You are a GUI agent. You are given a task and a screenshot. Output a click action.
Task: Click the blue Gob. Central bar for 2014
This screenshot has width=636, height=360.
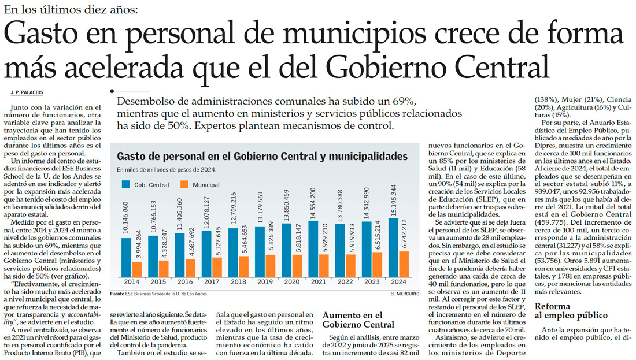point(126,257)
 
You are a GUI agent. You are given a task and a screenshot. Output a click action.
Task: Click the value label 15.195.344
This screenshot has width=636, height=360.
point(395,200)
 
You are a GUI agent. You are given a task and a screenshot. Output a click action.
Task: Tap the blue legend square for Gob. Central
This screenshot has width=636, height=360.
point(125,185)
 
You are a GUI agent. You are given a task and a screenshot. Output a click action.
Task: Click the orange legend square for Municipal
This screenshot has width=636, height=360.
point(185,185)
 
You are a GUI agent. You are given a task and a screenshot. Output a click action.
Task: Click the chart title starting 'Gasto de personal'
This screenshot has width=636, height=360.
point(262,157)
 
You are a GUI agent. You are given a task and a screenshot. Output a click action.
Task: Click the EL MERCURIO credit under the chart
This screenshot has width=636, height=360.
point(405,294)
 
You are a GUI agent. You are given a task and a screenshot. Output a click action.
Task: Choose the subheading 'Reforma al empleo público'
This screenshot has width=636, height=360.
point(571,311)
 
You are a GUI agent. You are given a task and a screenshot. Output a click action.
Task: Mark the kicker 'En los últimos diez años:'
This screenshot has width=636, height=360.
point(71,9)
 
